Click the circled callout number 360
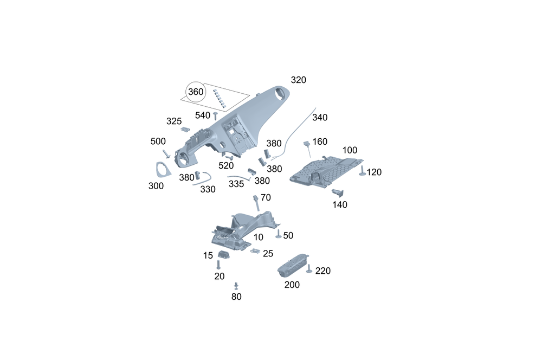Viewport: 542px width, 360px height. point(195,92)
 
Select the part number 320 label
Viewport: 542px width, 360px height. point(298,80)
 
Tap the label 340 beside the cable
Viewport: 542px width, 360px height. point(320,118)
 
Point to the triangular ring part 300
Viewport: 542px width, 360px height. point(160,170)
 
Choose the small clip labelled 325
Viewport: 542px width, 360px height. point(185,129)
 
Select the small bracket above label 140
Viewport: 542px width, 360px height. point(339,191)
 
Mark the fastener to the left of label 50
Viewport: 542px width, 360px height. point(278,234)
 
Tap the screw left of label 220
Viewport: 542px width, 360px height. point(309,269)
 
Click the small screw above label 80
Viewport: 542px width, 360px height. point(236,285)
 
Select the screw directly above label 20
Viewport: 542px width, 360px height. point(218,265)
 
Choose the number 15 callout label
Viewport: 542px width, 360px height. point(208,255)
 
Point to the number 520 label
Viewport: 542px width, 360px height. point(226,165)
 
